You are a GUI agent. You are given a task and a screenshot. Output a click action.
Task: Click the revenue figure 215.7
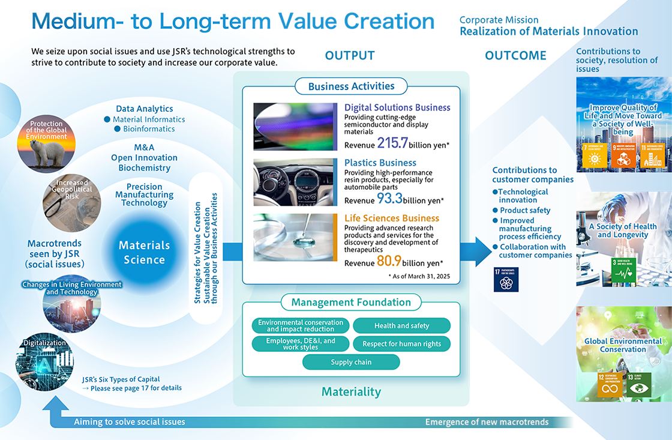coord(392,143)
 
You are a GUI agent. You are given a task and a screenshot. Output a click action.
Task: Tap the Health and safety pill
coord(401,326)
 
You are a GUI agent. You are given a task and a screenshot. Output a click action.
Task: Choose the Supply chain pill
coord(351,362)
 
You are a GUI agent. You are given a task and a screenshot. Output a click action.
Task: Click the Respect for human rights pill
coord(401,344)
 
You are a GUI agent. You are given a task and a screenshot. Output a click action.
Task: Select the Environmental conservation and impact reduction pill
coord(301,326)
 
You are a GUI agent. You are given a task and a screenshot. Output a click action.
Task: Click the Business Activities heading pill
coord(351,86)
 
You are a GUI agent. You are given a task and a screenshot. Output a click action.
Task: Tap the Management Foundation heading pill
coord(351,303)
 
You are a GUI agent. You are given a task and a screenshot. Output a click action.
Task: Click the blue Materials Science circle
coord(144,252)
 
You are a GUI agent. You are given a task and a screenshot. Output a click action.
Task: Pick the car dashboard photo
coord(294,182)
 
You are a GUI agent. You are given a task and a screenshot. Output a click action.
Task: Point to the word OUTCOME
coord(515,56)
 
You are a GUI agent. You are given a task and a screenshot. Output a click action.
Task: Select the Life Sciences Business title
coord(391,218)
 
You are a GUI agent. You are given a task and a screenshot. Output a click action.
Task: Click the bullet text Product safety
coord(525,211)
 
